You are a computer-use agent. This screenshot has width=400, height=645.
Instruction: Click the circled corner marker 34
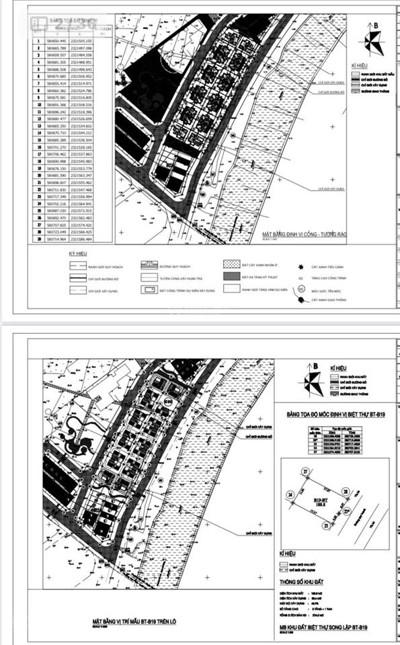pyautogui.click(x=290, y=496)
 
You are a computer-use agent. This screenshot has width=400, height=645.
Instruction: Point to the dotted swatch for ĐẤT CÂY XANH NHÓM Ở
pyautogui.click(x=230, y=267)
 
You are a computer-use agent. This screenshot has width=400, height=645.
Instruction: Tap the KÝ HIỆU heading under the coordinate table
pyautogui.click(x=79, y=255)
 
